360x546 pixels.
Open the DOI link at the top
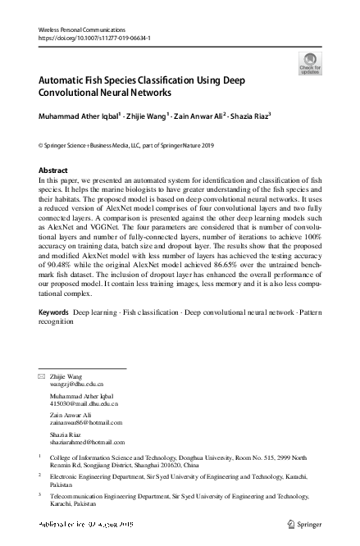94,38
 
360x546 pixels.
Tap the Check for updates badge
311,63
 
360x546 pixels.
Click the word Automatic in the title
67,81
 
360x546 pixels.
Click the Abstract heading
54,170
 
